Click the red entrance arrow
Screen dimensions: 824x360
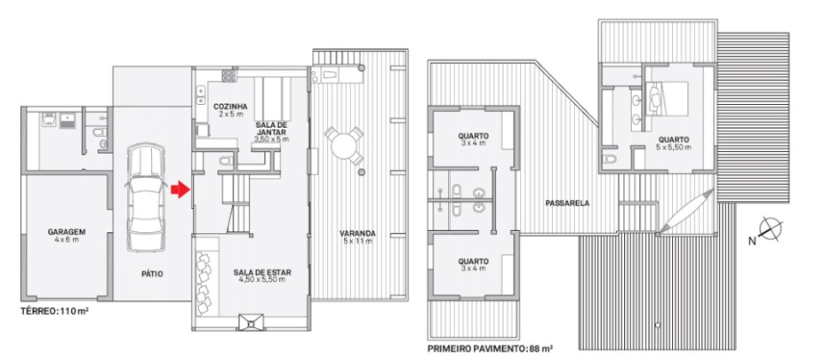(x=180, y=189)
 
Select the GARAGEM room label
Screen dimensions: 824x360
(x=66, y=231)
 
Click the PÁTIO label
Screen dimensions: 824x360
(x=152, y=273)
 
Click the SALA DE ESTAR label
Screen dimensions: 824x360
(x=262, y=272)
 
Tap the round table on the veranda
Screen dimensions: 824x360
(x=343, y=145)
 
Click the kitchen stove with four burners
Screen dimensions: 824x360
(x=228, y=76)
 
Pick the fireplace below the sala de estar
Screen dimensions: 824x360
(x=252, y=322)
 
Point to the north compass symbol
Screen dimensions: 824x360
(x=771, y=229)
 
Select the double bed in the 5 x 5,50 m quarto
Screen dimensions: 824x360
(x=667, y=99)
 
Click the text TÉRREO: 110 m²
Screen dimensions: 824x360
(x=54, y=310)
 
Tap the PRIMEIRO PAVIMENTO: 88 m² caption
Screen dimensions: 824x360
(x=491, y=348)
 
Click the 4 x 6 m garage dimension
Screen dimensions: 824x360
(x=66, y=239)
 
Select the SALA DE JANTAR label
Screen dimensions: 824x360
(x=271, y=128)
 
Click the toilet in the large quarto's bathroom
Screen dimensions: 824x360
(x=609, y=159)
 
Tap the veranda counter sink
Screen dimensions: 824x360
(x=329, y=74)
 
